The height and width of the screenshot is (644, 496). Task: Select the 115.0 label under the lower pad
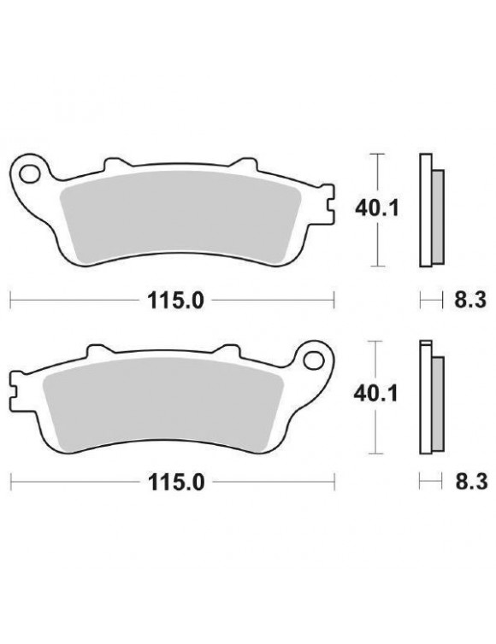[171, 483]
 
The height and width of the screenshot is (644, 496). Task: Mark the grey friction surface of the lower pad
[162, 397]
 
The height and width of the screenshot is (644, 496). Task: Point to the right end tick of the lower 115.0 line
[332, 483]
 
